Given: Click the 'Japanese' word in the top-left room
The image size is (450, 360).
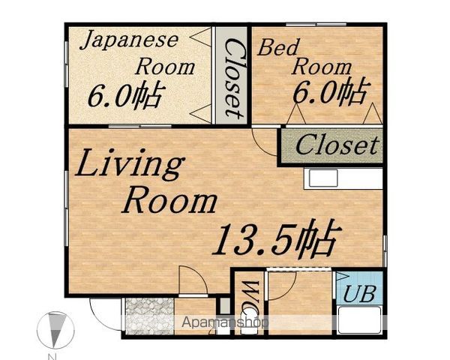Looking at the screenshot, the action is coord(130,40).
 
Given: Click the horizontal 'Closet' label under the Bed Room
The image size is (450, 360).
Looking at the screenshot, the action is coord(336,145).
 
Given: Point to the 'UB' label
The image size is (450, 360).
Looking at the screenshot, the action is coord(359,294).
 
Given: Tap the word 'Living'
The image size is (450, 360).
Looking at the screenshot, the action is coord(130,164).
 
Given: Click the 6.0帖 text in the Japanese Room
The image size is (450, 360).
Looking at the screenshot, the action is coord(127,95).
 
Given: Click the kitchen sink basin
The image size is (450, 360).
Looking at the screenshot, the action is coord(323,178).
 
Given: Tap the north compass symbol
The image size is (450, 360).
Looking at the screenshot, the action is coord(55,330).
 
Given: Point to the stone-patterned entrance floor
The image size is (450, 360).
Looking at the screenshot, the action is coord(150,316).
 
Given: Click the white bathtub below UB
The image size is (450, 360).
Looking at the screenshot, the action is coord(360,320).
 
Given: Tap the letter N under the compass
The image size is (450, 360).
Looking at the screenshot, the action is coord(52,357).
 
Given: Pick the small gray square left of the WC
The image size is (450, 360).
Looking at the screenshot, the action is coord(225,306).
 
